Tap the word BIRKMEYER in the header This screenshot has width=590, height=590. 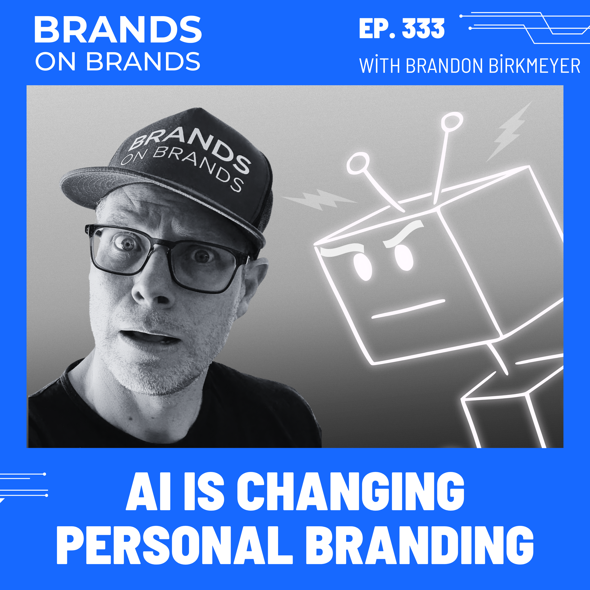tap(534, 66)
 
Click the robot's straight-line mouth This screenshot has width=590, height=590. tap(408, 309)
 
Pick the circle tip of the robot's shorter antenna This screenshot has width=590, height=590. tap(358, 163)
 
